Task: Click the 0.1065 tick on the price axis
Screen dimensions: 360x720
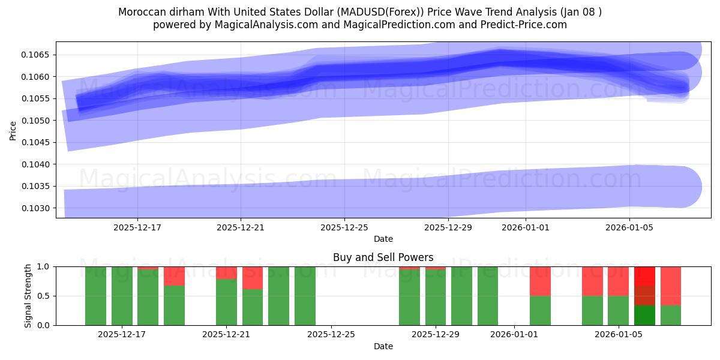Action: [x=37, y=55]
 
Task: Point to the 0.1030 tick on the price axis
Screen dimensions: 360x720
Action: [x=37, y=208]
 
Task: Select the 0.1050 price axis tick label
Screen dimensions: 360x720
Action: [x=37, y=121]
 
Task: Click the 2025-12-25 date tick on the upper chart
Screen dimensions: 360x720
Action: [x=344, y=227]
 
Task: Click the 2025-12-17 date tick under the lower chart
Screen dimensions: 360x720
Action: [x=122, y=335]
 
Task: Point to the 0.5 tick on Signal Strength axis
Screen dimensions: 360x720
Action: [x=44, y=296]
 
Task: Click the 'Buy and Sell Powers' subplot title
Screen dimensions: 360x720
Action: [x=383, y=257]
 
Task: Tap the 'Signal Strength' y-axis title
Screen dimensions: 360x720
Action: [x=28, y=295]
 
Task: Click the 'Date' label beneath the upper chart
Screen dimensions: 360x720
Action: [x=383, y=239]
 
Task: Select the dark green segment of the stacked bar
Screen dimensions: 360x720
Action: [x=644, y=315]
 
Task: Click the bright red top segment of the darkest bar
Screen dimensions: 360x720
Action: [x=644, y=276]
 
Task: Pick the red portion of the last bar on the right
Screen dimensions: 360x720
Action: [x=671, y=286]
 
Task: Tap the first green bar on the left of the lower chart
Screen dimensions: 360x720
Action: [x=95, y=296]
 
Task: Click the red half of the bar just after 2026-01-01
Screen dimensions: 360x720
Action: [x=540, y=281]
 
